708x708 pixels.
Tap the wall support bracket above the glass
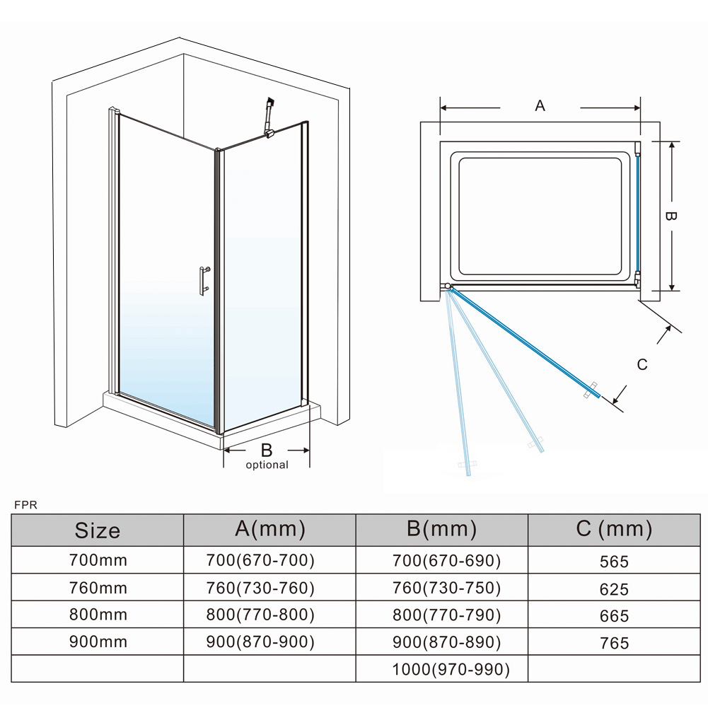coord(268,117)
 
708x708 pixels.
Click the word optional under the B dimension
coord(267,465)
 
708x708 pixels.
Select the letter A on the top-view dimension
coord(540,106)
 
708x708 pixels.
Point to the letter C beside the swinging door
coord(642,364)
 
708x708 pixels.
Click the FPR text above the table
coord(25,505)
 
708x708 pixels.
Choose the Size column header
coord(98,530)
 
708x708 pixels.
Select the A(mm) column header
coord(270,528)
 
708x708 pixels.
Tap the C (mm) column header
coord(614,528)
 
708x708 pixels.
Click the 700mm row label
coord(98,560)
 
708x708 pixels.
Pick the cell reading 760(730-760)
coord(260,588)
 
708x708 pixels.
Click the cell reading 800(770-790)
coord(446,615)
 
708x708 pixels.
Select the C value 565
coord(613,562)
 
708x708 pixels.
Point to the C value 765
coord(613,643)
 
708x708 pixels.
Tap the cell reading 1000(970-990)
coord(451,669)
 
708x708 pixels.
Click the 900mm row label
coord(98,642)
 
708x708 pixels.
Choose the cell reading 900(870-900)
coord(260,642)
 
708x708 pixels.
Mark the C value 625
coord(613,589)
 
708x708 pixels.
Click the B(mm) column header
coord(442,528)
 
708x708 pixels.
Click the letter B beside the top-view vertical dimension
coord(671,216)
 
